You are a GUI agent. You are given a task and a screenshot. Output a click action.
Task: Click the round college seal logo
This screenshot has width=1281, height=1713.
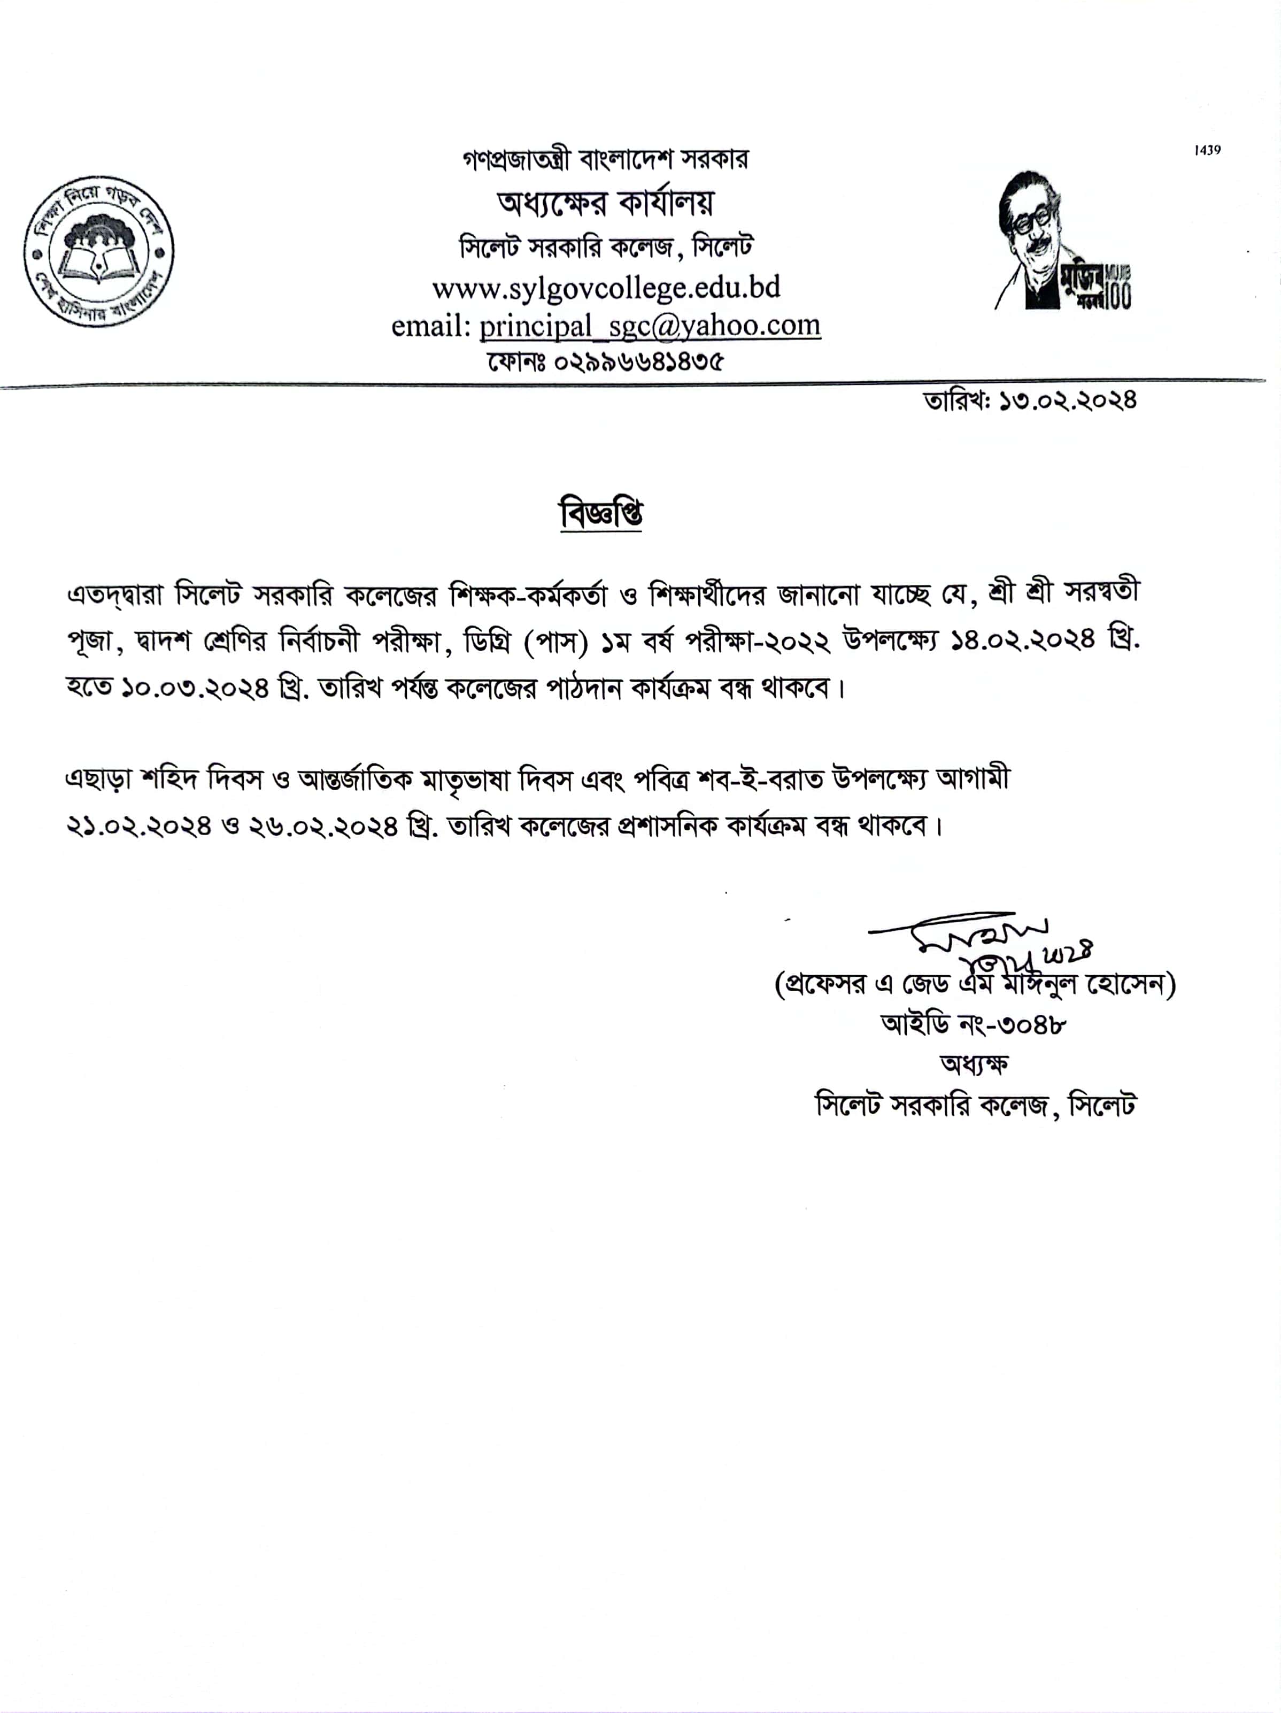98,250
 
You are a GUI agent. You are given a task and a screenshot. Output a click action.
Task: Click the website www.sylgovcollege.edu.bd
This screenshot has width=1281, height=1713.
606,288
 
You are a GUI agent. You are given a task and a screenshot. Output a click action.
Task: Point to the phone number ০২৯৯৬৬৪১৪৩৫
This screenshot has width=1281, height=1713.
637,361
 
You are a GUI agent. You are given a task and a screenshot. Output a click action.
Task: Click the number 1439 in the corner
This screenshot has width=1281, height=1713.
1207,150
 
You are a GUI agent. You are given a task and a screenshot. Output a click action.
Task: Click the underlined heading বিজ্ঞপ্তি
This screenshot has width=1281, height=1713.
601,514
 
